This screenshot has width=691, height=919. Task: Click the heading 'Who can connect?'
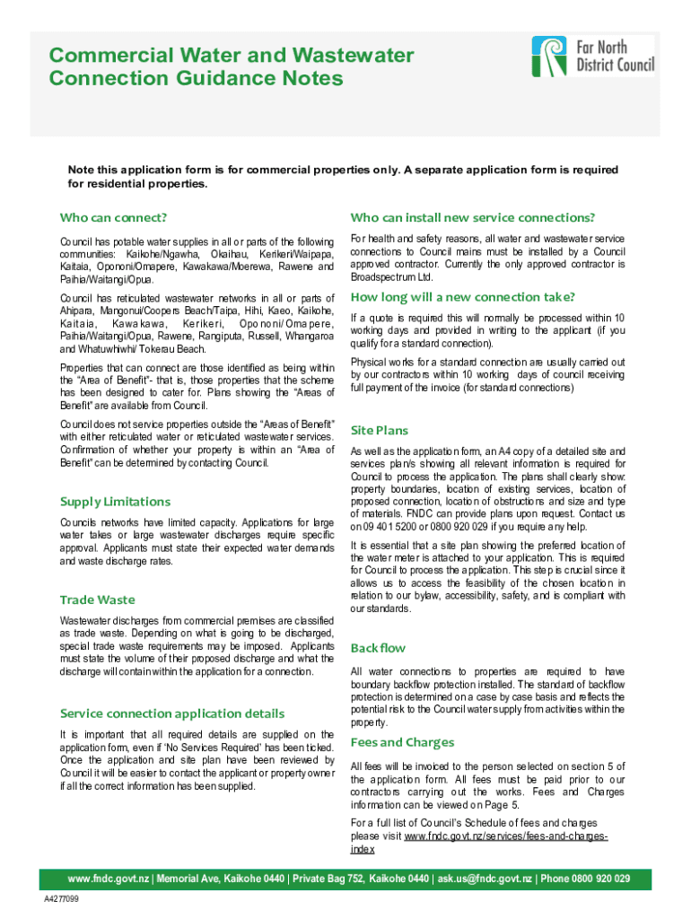pos(114,218)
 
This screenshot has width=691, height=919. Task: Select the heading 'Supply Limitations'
pos(115,501)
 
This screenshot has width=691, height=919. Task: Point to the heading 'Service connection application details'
pos(171,713)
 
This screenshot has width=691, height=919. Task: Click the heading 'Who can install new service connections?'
pos(473,218)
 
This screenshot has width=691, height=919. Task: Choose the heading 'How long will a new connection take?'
pos(462,297)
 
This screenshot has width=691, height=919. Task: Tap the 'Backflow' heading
pos(378,648)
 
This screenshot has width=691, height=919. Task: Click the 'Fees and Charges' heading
pos(402,742)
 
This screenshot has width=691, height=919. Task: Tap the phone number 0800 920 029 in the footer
pos(597,879)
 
